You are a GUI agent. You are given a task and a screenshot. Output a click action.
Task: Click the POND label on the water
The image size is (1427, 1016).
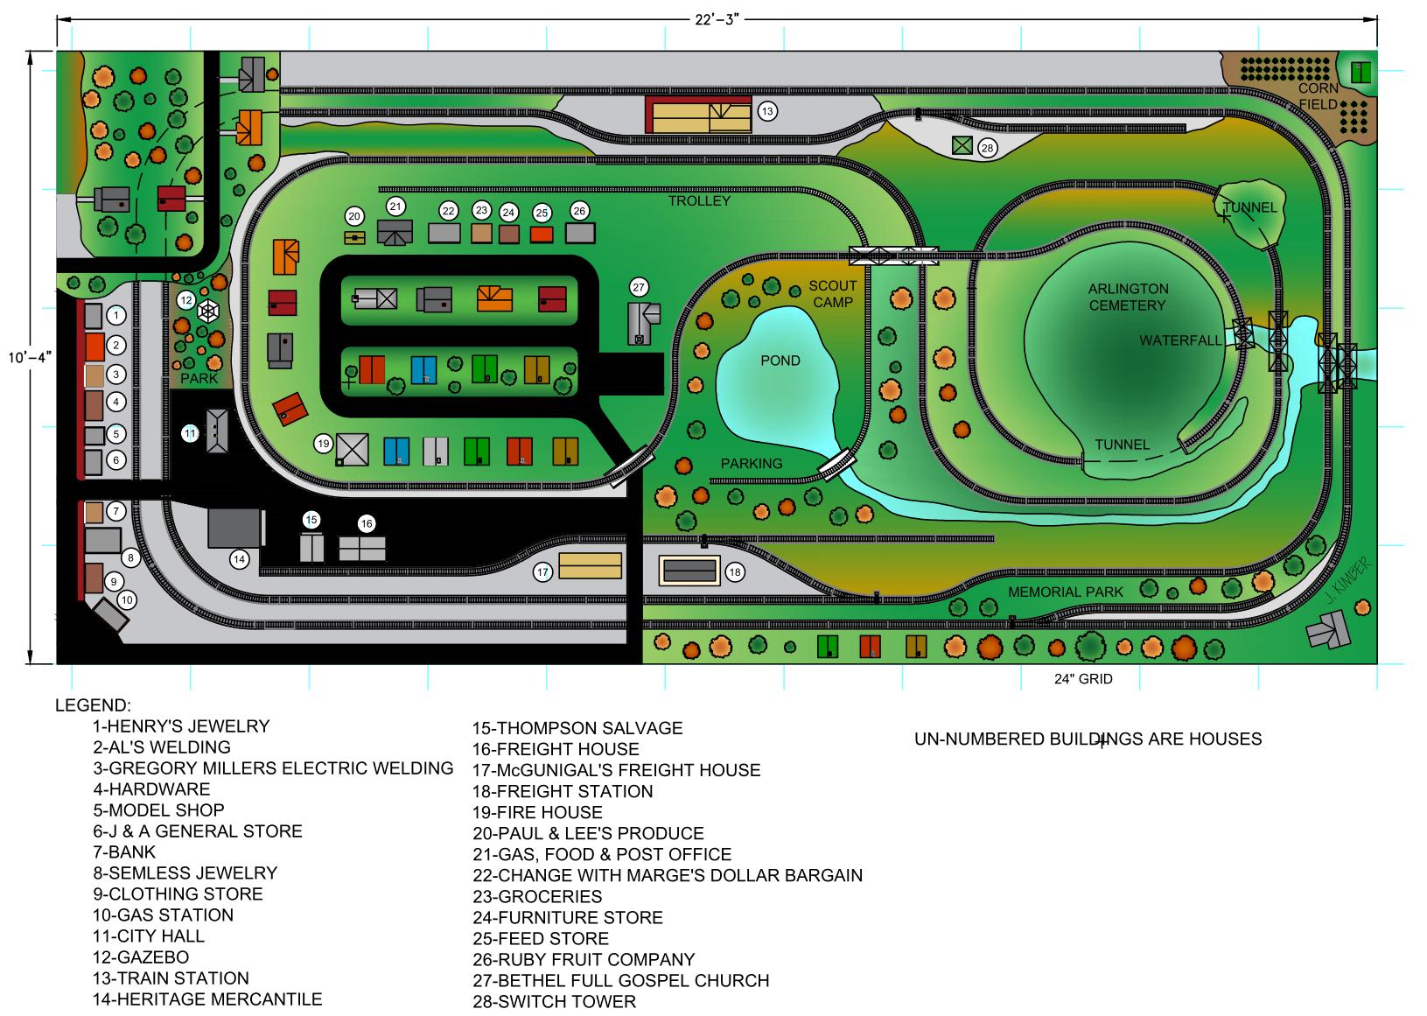(780, 361)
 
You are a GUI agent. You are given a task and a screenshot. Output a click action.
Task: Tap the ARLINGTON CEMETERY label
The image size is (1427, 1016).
(1128, 297)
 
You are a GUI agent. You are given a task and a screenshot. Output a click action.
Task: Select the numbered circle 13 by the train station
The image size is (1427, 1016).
(767, 111)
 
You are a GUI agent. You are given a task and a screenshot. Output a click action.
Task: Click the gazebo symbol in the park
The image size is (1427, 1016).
(207, 312)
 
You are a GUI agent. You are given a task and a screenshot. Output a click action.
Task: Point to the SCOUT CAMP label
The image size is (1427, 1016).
(832, 294)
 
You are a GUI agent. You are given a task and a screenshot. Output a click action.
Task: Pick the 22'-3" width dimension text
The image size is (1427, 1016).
(717, 20)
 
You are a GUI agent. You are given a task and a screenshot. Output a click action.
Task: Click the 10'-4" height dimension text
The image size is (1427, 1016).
(29, 357)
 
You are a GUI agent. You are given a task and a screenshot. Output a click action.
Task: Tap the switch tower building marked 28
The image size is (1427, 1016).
(962, 146)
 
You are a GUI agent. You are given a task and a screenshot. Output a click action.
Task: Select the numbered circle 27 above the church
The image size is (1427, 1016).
(639, 287)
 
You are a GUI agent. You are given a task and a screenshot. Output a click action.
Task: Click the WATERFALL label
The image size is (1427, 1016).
(1179, 340)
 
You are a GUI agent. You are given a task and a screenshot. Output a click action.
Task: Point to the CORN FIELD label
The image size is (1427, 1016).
(1318, 96)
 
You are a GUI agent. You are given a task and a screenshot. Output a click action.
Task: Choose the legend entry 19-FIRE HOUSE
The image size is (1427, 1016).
(537, 812)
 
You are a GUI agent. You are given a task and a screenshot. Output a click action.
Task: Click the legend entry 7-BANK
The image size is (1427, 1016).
(124, 851)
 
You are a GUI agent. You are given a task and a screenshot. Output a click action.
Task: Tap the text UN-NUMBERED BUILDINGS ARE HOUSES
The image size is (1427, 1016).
(1088, 739)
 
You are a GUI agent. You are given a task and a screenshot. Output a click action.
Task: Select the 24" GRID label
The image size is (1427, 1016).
(1083, 679)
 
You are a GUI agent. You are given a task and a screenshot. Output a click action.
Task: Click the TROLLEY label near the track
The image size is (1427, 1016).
(699, 200)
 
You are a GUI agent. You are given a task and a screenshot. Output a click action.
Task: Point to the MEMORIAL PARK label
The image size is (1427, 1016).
(1065, 592)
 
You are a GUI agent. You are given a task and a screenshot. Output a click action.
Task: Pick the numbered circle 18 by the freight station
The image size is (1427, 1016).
(735, 572)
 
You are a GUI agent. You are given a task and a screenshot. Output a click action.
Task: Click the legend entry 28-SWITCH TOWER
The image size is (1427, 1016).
(554, 1001)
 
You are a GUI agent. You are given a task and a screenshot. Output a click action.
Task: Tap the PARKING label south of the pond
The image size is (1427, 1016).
(751, 464)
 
